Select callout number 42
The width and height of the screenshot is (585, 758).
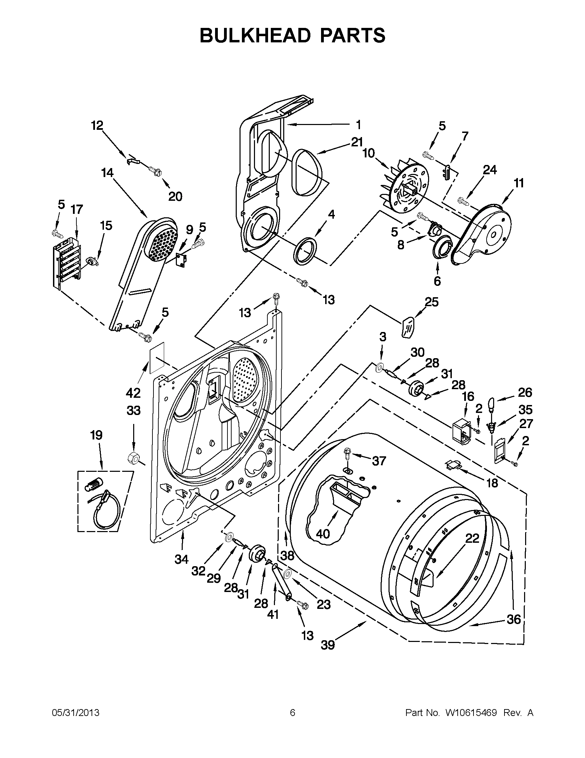(133, 393)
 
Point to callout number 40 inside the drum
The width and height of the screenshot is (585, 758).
(323, 533)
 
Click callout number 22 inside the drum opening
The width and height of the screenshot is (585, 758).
(472, 539)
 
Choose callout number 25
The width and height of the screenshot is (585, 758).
(432, 302)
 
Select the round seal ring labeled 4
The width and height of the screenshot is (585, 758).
(306, 251)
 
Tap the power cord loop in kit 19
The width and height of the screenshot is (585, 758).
(108, 514)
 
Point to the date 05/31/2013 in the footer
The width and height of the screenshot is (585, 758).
(75, 713)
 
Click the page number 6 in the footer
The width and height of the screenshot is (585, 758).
(292, 713)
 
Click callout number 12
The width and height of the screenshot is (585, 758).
(97, 126)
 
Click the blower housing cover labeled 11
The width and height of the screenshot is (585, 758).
(486, 236)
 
